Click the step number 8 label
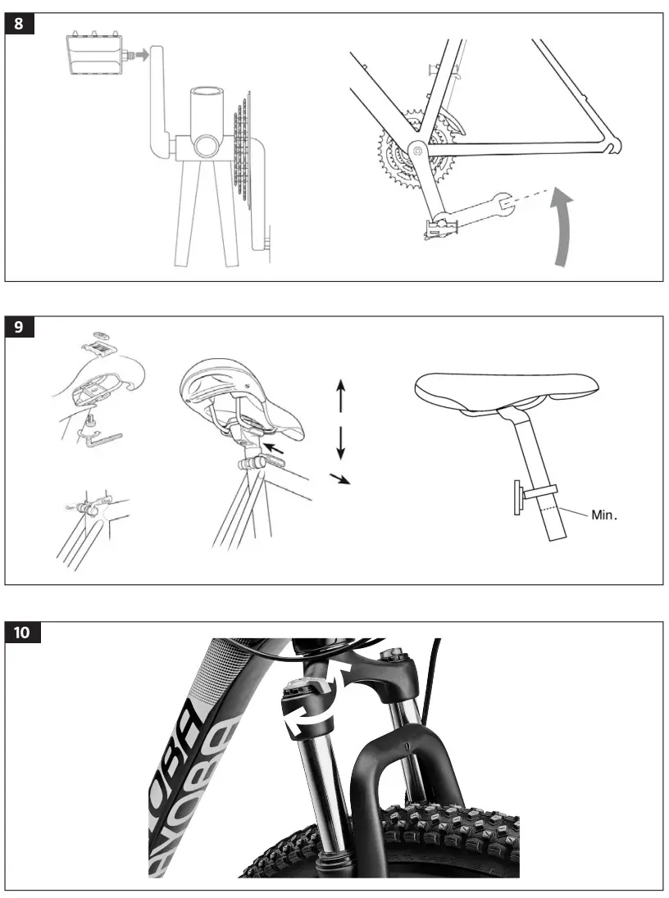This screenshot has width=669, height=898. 20,24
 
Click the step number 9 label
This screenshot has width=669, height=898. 20,327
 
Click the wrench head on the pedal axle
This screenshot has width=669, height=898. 501,197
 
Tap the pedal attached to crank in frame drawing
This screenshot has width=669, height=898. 440,227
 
